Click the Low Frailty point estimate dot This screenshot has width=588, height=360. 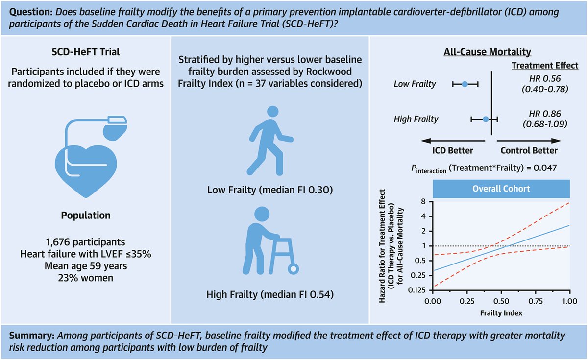pos(465,84)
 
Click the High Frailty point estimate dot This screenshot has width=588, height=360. pos(486,120)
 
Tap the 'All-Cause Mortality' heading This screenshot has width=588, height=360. pos(488,52)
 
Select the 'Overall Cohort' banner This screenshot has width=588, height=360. pos(501,189)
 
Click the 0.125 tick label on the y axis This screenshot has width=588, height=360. pos(416,290)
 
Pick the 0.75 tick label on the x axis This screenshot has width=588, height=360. pos(536,301)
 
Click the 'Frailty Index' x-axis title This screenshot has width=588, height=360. pos(501,313)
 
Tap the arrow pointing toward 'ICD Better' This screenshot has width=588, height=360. pos(453,141)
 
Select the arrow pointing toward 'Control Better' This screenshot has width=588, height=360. pos(529,141)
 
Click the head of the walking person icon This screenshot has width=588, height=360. pos(273,112)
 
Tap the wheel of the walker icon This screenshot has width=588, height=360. pos(293,269)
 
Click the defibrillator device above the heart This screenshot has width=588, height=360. pos(115,128)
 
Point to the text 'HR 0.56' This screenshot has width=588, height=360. pos(545,79)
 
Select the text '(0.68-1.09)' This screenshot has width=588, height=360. pos(545,124)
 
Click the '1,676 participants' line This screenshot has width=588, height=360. pos(86,242)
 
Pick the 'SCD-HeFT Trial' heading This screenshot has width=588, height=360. pos(86,52)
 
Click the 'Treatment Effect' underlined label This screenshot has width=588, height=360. pos(545,65)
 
